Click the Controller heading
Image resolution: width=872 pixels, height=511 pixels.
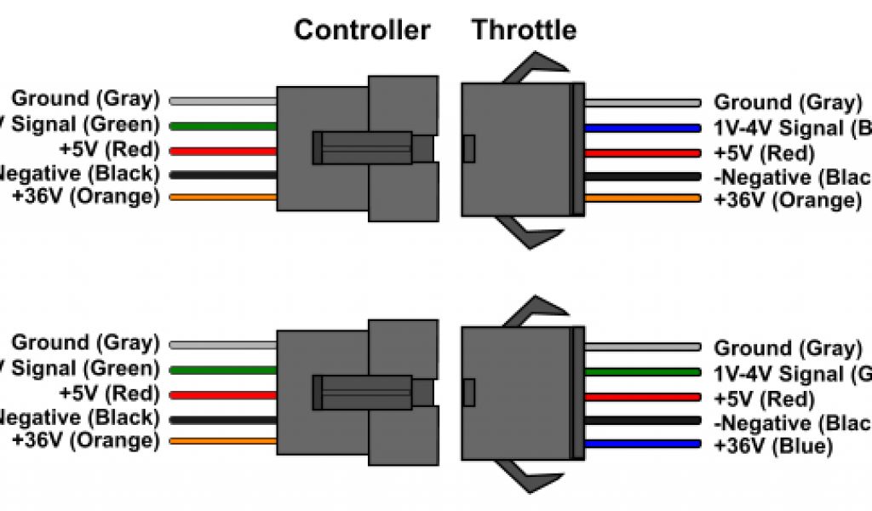362,30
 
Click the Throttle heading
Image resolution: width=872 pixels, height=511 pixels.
524,30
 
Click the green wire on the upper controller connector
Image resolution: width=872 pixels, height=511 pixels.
223,126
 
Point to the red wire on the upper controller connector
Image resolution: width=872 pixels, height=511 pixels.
223,151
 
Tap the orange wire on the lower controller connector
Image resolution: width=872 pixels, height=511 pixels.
223,441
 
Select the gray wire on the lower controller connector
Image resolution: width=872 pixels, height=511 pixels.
223,345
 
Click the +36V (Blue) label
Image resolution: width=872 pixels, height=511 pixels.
772,446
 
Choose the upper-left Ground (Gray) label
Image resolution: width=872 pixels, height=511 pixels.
85,99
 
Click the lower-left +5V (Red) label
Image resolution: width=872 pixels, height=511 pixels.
108,393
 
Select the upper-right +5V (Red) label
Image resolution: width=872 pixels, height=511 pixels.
764,154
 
